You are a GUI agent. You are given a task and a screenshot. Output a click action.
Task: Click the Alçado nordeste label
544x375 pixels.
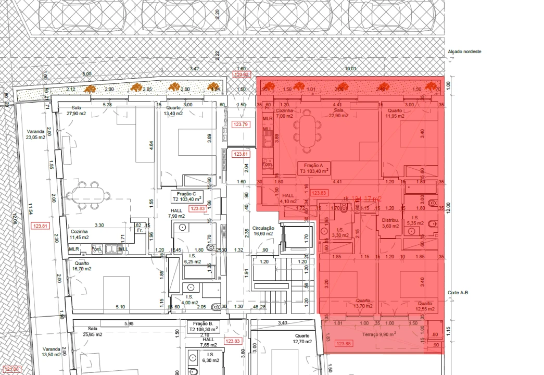464,52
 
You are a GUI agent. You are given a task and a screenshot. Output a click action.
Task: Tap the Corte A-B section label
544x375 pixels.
458,293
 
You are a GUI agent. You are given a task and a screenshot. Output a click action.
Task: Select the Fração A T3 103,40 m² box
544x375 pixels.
314,168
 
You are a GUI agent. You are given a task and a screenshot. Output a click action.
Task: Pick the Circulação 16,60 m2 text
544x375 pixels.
263,231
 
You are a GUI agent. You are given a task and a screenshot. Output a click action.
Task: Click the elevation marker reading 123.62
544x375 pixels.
242,75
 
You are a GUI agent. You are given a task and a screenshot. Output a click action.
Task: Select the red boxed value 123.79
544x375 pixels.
241,124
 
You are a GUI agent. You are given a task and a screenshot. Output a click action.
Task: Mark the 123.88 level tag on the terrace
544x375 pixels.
344,343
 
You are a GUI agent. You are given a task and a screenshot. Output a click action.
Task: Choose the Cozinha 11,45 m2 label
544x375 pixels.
80,234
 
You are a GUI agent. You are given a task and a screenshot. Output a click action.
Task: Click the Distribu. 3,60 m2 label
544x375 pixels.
390,223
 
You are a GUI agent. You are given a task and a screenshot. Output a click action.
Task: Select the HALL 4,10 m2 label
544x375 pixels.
288,198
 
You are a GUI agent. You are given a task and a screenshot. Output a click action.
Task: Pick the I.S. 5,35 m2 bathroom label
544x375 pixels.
415,220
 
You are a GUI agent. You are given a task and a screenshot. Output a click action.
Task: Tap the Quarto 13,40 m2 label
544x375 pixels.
173,111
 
